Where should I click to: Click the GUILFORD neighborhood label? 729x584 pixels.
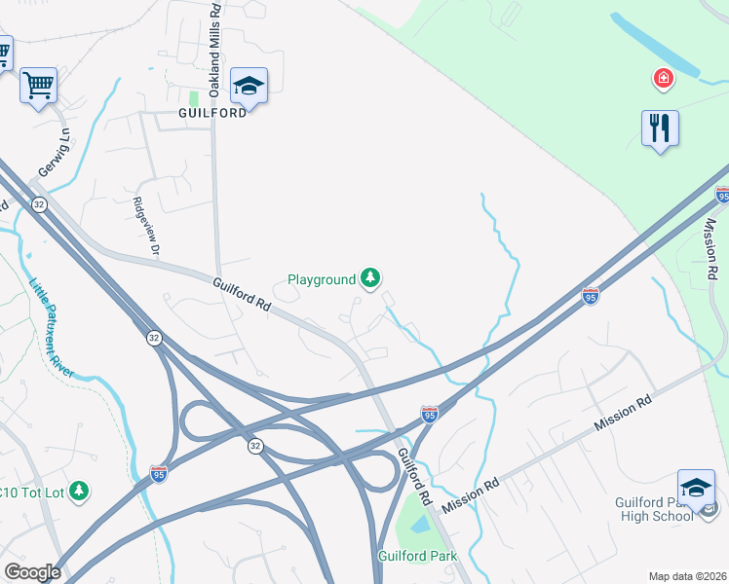[x=212, y=113]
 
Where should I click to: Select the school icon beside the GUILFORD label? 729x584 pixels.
[x=249, y=87]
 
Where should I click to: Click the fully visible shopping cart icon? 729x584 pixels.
[x=39, y=86]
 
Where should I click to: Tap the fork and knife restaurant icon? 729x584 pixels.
[x=660, y=128]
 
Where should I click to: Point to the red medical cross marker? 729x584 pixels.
[x=664, y=78]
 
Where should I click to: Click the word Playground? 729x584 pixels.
[x=322, y=280]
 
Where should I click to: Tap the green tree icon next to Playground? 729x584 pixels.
[x=370, y=279]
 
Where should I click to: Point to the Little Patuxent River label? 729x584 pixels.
[x=55, y=327]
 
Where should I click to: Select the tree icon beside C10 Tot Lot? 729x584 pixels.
[x=80, y=492]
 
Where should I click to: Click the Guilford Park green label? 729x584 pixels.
[x=417, y=557]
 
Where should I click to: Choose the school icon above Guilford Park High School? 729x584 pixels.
[x=696, y=488]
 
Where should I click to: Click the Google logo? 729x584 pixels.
[x=32, y=572]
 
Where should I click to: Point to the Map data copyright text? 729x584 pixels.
[x=687, y=576]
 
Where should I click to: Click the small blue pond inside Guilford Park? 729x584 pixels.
[x=420, y=525]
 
